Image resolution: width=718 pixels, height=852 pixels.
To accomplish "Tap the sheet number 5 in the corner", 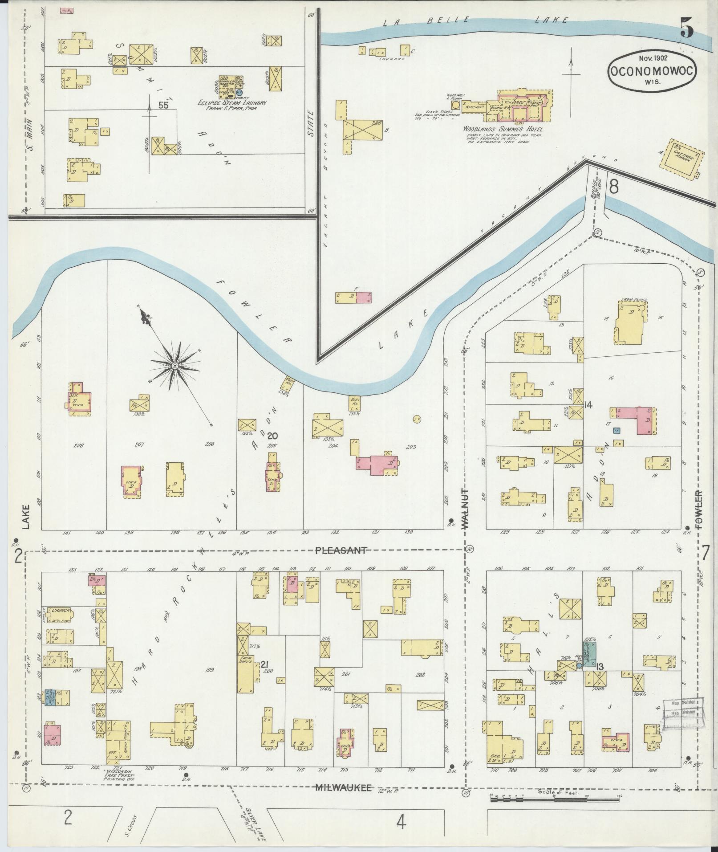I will (687, 30).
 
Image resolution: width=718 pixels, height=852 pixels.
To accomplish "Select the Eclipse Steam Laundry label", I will (232, 103).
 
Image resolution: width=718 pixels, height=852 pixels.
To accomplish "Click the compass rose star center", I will (175, 366).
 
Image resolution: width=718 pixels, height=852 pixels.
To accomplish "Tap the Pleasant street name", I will (341, 550).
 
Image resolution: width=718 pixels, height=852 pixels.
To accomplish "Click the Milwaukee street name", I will (343, 787).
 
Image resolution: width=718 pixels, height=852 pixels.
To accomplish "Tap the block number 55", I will (164, 106).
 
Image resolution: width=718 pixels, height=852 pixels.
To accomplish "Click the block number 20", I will (273, 436).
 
